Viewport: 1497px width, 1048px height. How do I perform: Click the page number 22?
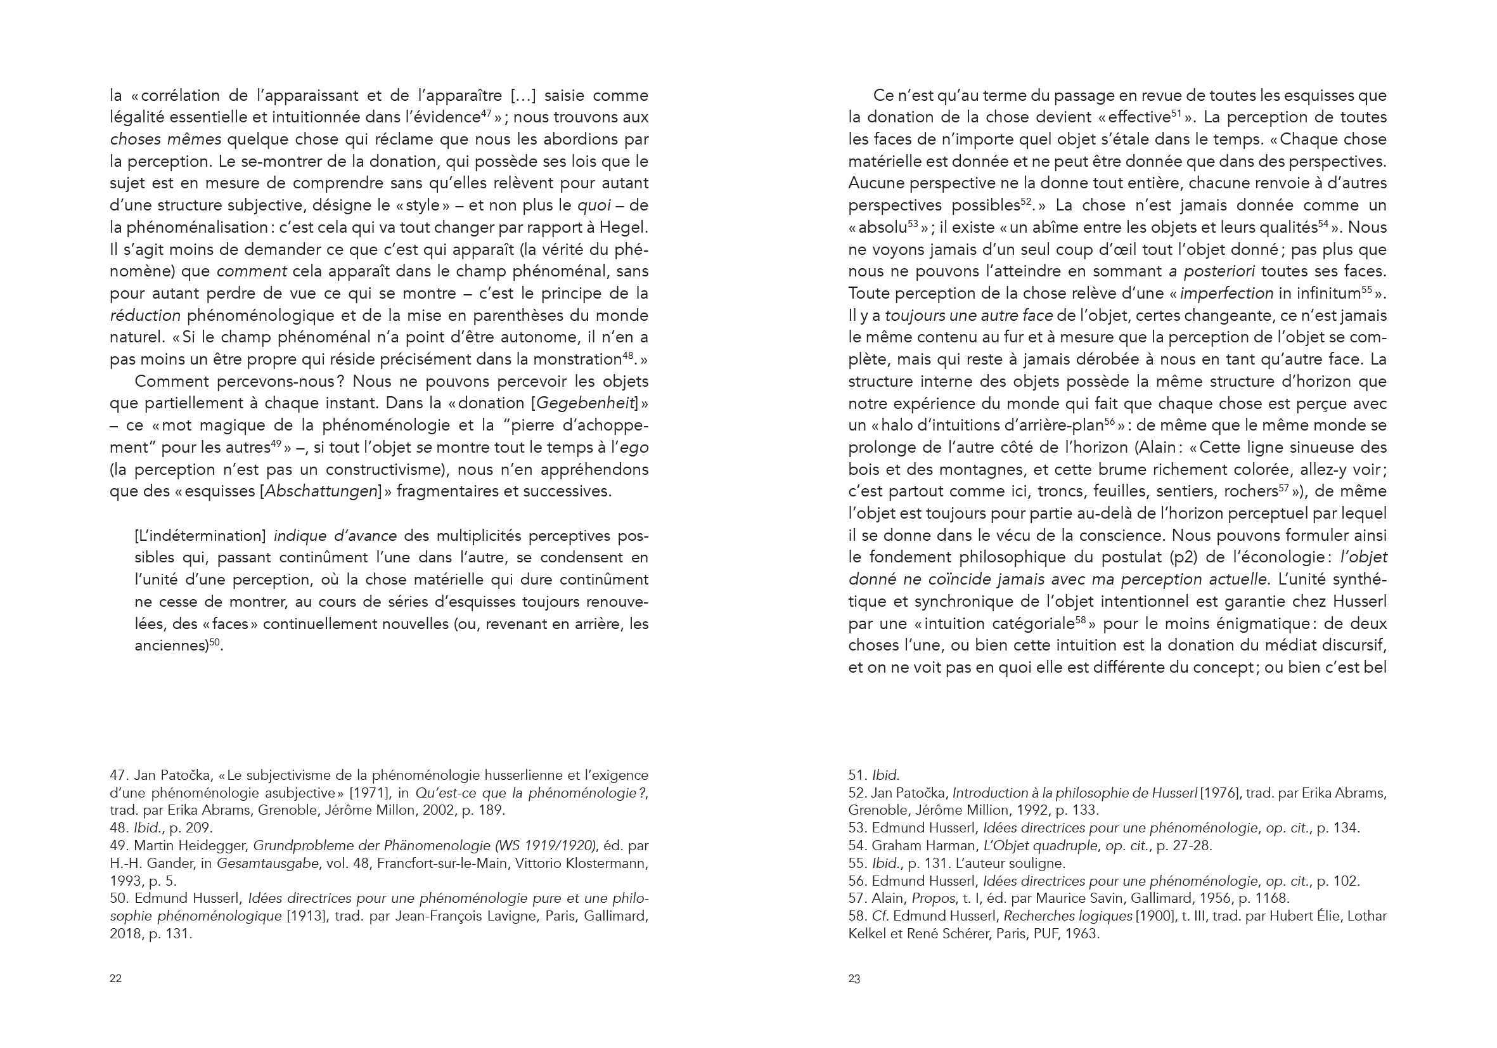pyautogui.click(x=115, y=978)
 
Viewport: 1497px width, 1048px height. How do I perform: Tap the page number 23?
pyautogui.click(x=854, y=978)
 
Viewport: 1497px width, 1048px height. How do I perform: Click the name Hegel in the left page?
pyautogui.click(x=627, y=228)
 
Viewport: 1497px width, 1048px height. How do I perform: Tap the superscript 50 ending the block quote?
pyautogui.click(x=214, y=642)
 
